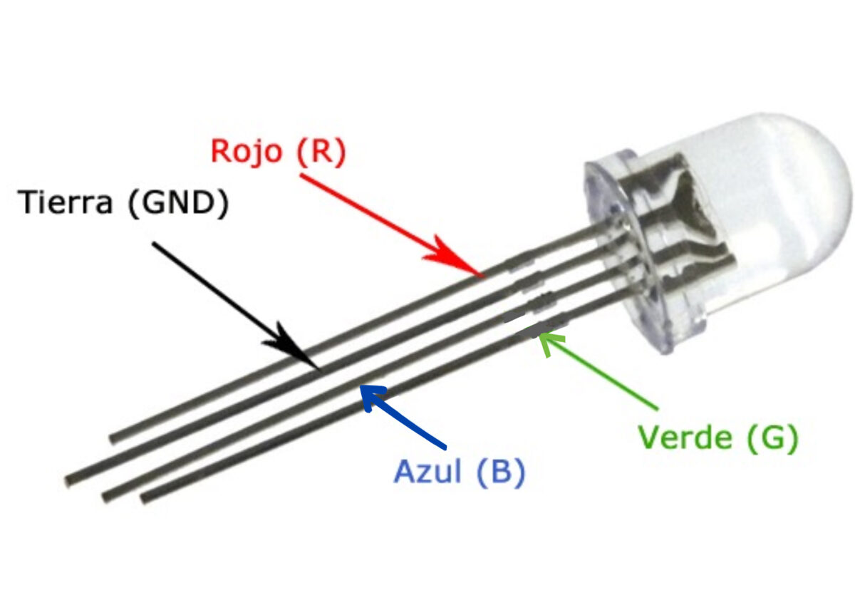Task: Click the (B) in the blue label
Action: click(501, 472)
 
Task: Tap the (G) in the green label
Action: click(772, 438)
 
